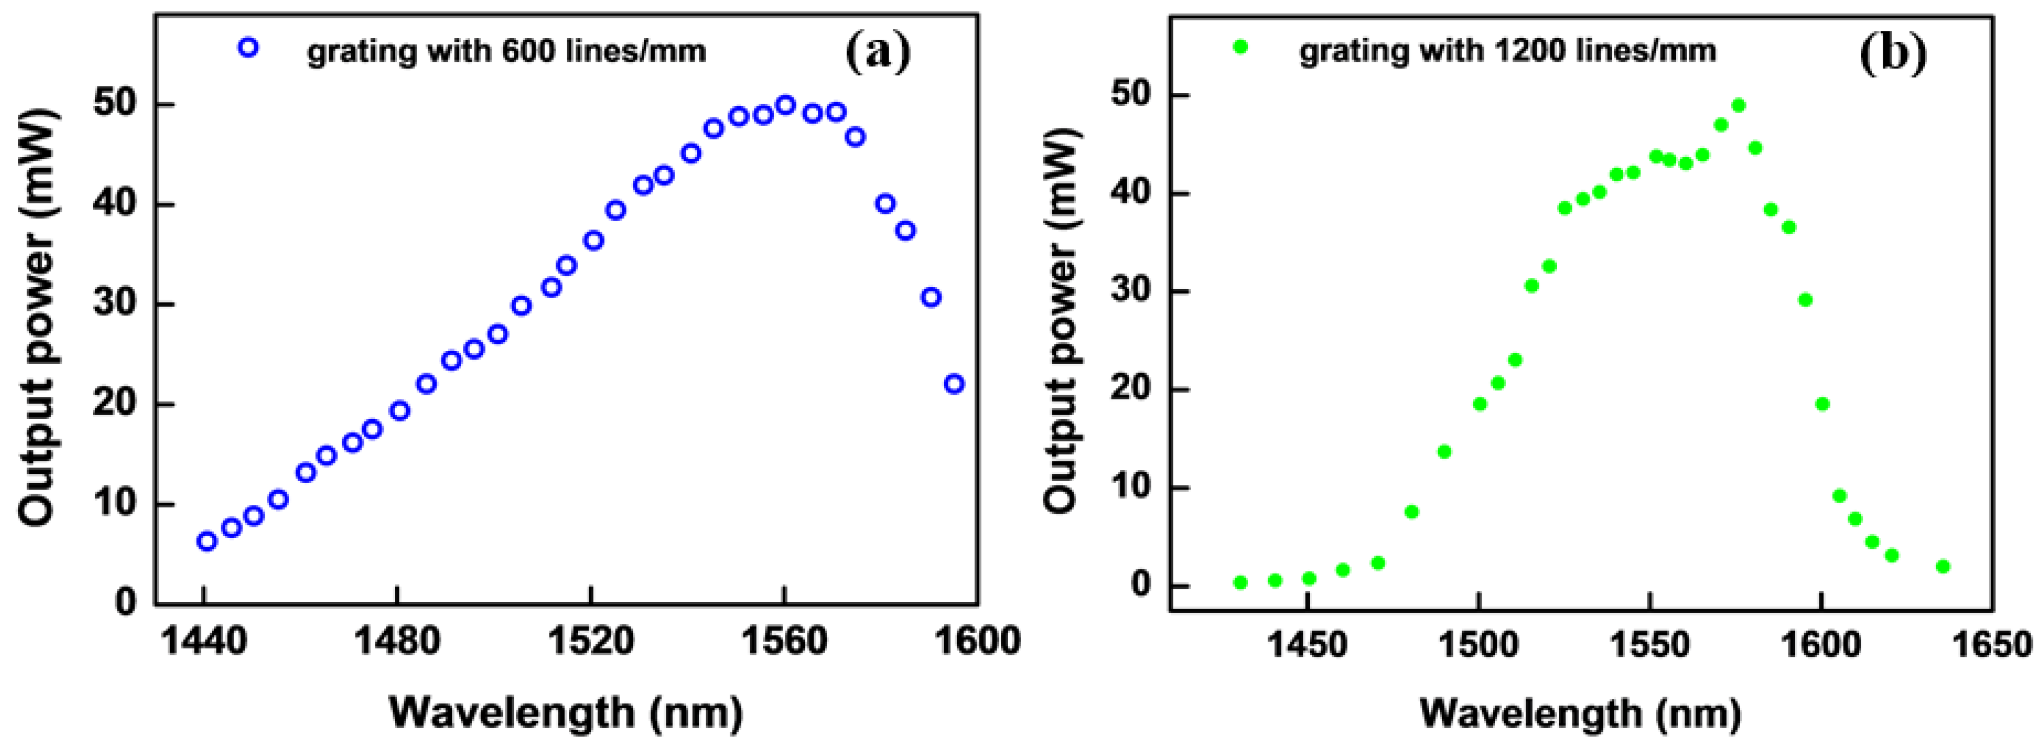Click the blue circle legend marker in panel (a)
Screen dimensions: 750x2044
pos(249,48)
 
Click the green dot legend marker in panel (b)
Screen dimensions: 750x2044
pos(1241,47)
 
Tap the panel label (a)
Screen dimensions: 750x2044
pos(878,52)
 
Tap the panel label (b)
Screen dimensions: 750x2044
pos(1893,52)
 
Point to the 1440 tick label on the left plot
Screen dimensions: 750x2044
pos(204,640)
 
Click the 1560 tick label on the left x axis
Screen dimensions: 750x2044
pos(784,640)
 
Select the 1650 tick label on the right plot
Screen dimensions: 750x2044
pos(1992,644)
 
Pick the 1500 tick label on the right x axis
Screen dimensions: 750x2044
pos(1478,644)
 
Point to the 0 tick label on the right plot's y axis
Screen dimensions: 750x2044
pos(1140,585)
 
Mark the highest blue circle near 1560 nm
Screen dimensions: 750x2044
pos(785,105)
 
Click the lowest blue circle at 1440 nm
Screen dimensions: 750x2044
pos(206,542)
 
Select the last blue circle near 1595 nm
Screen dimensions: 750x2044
pos(954,384)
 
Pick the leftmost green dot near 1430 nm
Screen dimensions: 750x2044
pos(1240,583)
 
